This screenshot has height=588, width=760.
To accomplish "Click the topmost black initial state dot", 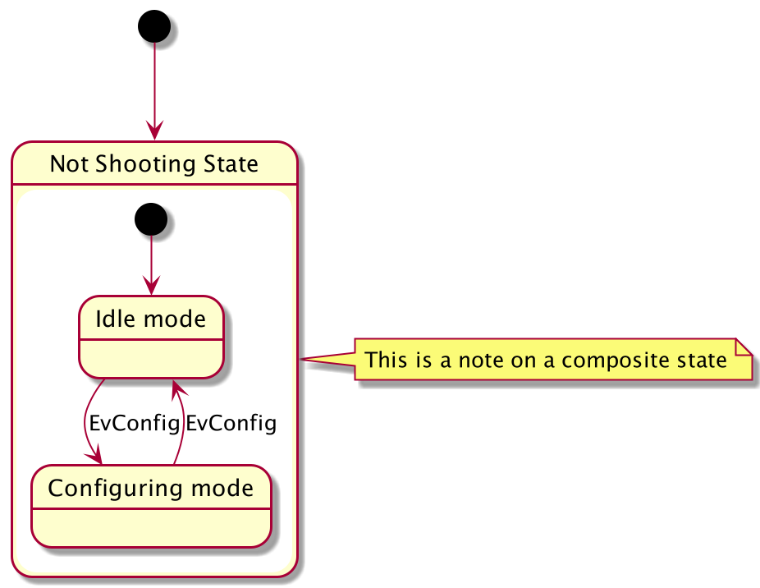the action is [154, 26].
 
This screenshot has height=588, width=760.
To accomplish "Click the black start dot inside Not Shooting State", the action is [151, 219].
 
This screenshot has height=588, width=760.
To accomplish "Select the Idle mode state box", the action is [151, 337].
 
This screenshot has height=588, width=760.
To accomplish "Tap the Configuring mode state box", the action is [151, 506].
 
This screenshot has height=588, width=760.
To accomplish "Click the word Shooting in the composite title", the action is [145, 165].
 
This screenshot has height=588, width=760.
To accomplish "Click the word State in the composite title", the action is [231, 164].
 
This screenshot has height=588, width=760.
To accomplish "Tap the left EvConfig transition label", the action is [135, 423].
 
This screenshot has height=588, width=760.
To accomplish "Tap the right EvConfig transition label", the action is [231, 423].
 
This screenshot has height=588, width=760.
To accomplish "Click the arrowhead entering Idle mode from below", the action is [177, 388].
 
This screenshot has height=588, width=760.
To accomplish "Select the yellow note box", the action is [553, 359].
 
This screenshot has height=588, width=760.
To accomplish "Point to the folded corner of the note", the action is [744, 347].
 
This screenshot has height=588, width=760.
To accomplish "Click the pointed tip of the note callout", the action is [301, 359].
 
